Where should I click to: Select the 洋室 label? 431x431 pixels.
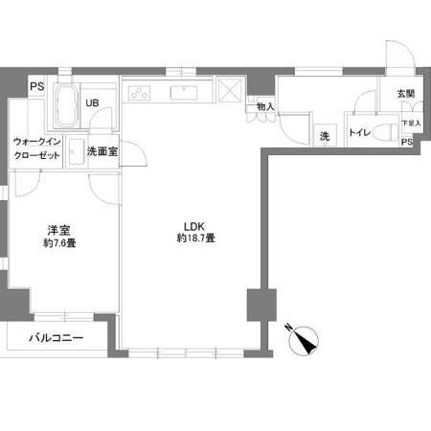point(59,231)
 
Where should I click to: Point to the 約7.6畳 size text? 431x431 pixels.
point(59,243)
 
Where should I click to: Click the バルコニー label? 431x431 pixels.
point(55,338)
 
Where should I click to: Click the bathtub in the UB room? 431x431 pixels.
point(66,106)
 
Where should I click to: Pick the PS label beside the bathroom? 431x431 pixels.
point(37,85)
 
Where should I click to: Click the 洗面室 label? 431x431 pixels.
point(102,151)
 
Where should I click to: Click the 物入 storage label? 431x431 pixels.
point(265,106)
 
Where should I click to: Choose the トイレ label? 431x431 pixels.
point(359,132)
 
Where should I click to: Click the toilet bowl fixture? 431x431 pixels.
point(384,131)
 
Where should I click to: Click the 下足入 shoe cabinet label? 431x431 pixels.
point(410,123)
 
